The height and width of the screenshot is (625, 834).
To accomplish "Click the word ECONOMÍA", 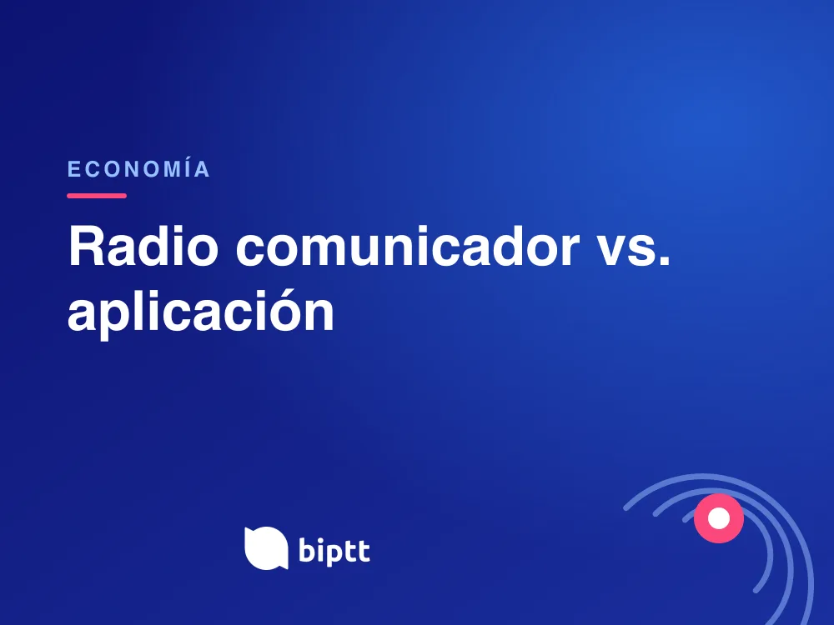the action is [x=138, y=169].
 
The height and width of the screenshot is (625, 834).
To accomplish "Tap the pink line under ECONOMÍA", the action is [x=97, y=196].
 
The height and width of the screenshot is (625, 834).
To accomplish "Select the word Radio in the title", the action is [x=143, y=246].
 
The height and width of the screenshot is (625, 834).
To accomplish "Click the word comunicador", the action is [x=408, y=246].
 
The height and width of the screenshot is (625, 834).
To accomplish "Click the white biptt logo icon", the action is [x=266, y=548].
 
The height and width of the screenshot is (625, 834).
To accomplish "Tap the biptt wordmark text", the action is [x=334, y=549].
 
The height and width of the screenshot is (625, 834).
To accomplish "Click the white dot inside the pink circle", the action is [x=719, y=518].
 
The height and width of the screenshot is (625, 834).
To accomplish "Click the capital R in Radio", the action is [x=85, y=246].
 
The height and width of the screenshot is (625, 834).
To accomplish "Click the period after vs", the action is [x=665, y=260].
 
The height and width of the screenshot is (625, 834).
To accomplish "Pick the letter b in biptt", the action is [x=308, y=550].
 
